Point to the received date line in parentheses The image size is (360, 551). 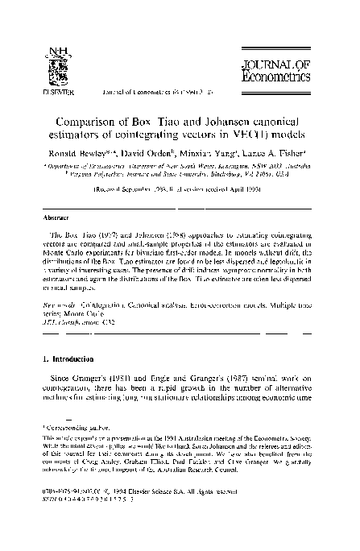(180, 190)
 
